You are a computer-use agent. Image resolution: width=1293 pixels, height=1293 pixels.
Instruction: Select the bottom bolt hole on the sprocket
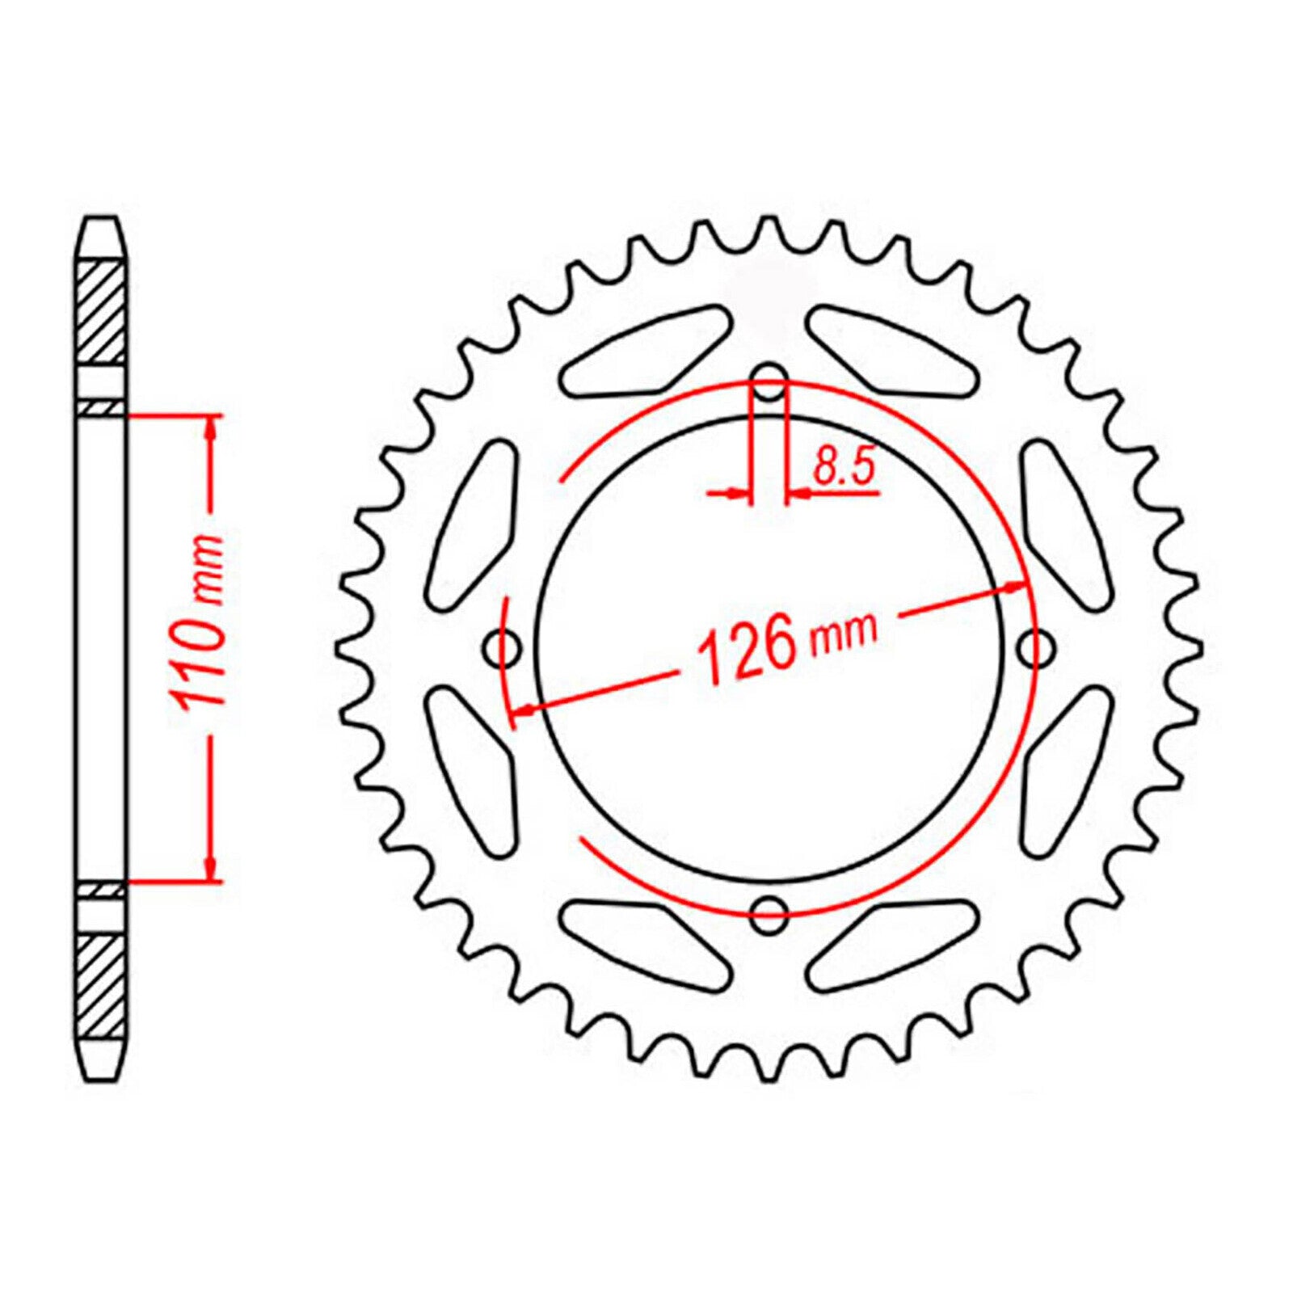coord(769,913)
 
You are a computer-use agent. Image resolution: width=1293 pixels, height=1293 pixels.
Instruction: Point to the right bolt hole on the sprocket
coord(1035,646)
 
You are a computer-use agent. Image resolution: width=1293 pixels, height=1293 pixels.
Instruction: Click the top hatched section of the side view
coord(103,311)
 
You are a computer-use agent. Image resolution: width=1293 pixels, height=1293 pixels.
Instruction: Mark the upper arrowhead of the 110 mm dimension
coord(211,427)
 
